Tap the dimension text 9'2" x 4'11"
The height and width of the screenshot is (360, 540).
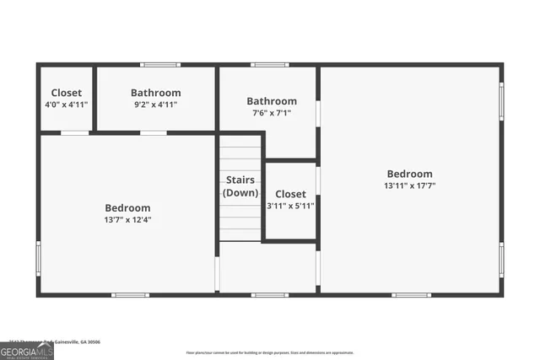(155, 105)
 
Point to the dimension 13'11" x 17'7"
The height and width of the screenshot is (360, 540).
(409, 185)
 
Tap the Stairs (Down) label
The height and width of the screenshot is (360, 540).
(240, 186)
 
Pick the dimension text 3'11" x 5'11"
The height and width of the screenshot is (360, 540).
(290, 205)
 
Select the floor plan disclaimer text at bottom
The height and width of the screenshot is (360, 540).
(270, 352)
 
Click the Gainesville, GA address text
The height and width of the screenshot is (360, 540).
(51, 341)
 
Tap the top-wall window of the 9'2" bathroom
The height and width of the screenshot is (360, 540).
(159, 65)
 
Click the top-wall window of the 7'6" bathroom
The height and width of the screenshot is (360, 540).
(269, 65)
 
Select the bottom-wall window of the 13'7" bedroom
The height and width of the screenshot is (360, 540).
(131, 295)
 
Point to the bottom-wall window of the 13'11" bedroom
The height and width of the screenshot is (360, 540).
(411, 295)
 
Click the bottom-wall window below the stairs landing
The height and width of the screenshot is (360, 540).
(269, 295)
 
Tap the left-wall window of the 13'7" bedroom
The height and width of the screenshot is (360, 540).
(38, 255)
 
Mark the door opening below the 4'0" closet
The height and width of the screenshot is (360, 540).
(75, 132)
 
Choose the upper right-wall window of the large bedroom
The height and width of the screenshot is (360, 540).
(502, 99)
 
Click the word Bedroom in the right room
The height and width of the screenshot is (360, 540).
(409, 174)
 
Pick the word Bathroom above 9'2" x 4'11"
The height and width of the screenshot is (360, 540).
(155, 93)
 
